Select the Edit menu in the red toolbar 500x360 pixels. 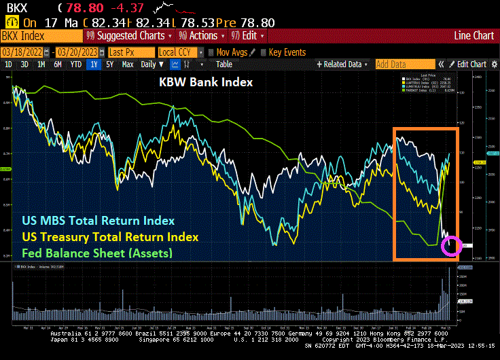click(x=248, y=35)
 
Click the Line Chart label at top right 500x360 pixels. click(x=474, y=35)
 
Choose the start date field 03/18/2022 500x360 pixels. click(x=22, y=52)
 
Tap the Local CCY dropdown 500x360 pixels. click(x=179, y=52)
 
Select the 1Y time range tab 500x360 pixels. click(x=93, y=65)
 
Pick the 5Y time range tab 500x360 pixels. click(x=110, y=65)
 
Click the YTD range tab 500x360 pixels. click(x=76, y=65)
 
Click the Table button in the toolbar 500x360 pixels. click(x=224, y=65)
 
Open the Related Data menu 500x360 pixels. click(x=343, y=65)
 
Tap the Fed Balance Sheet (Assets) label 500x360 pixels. click(x=96, y=253)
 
